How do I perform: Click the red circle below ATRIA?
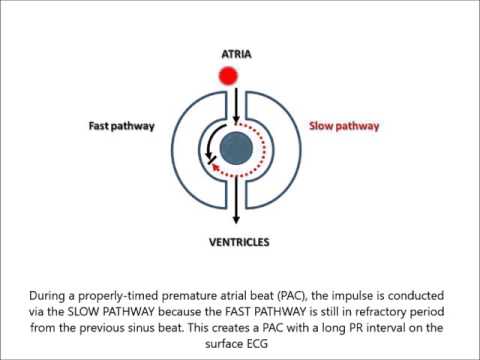228,75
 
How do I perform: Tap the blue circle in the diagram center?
237,149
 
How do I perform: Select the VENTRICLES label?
238,239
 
